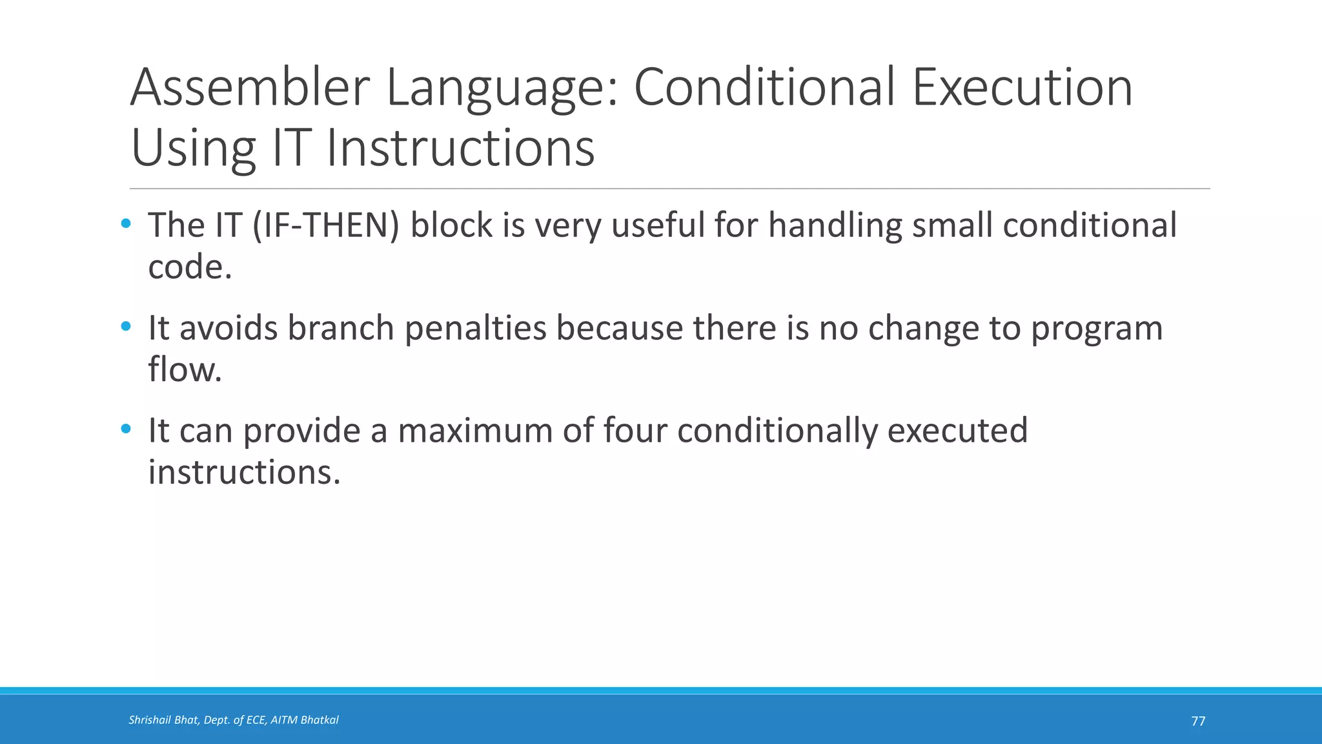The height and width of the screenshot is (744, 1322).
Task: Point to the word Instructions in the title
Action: tap(460, 148)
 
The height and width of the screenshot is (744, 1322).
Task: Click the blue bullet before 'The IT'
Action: tap(126, 224)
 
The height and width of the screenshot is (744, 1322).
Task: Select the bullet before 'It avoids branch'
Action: tap(126, 327)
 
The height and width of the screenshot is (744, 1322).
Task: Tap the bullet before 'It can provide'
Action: tap(126, 429)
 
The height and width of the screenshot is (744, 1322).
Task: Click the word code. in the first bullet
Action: tap(190, 267)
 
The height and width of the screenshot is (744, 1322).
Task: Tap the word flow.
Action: tap(185, 369)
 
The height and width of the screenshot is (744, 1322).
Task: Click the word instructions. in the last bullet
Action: tap(244, 472)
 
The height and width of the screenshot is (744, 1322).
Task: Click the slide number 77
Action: tap(1198, 721)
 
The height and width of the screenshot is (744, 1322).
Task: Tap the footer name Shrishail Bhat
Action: tap(164, 720)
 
